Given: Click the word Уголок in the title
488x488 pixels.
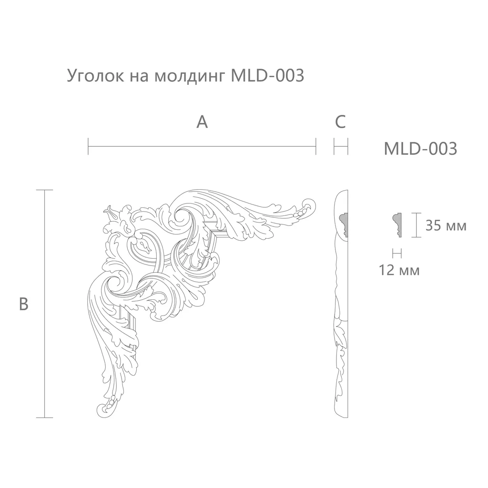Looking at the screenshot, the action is [95, 76].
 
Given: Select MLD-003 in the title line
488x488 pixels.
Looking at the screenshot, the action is [267, 75].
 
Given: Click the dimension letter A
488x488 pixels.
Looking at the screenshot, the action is [202, 122].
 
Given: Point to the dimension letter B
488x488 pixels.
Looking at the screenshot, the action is [24, 304].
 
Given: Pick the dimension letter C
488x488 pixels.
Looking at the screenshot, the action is [340, 122].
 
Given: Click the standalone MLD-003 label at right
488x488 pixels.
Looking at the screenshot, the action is [420, 149].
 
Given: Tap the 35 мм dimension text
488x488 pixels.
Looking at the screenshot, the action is [446, 225].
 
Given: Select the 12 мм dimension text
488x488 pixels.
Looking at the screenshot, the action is [399, 270].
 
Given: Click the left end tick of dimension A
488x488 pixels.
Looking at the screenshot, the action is [88, 146].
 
